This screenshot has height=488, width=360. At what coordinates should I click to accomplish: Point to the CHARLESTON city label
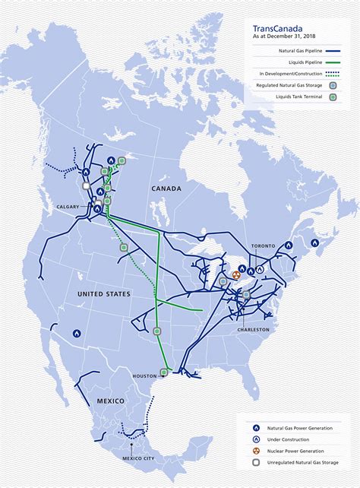pos(252,329)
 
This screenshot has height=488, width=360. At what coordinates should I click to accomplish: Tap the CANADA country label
pos(166,188)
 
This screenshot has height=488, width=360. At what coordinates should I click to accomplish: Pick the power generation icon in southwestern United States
pos(77,333)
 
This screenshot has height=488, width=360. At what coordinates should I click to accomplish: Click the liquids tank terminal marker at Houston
pos(164,372)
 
